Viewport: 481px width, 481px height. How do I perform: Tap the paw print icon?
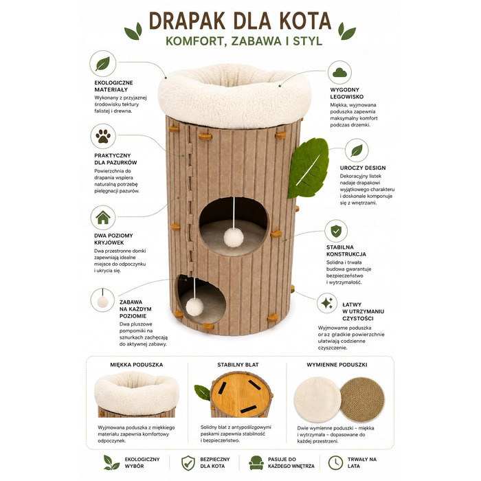click(x=103, y=136)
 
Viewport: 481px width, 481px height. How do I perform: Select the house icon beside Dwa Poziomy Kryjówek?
click(x=103, y=217)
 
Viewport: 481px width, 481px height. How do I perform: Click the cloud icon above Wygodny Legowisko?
click(x=339, y=72)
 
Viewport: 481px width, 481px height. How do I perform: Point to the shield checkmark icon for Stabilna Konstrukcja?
click(x=336, y=231)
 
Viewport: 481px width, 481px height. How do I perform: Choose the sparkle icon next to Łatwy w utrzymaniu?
click(x=327, y=303)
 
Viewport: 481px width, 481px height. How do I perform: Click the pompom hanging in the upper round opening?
click(x=234, y=238)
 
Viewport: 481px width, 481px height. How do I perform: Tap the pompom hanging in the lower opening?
click(x=194, y=306)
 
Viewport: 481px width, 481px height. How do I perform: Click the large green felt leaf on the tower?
click(x=308, y=168)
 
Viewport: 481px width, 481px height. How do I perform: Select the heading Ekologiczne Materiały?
click(x=113, y=86)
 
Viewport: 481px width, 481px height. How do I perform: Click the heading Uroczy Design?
click(x=363, y=168)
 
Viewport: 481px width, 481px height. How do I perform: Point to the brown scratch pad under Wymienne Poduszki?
click(x=362, y=399)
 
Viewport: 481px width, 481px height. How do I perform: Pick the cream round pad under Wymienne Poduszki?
click(x=317, y=400)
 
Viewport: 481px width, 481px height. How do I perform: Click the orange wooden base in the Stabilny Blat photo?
click(x=241, y=394)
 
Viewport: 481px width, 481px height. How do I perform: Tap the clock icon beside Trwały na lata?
click(x=335, y=462)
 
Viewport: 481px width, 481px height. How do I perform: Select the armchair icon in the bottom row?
click(x=256, y=462)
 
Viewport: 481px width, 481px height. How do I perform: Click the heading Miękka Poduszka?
click(x=137, y=365)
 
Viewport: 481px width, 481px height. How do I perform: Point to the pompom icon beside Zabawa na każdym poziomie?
click(x=102, y=302)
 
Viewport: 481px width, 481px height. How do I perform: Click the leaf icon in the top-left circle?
click(x=102, y=63)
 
